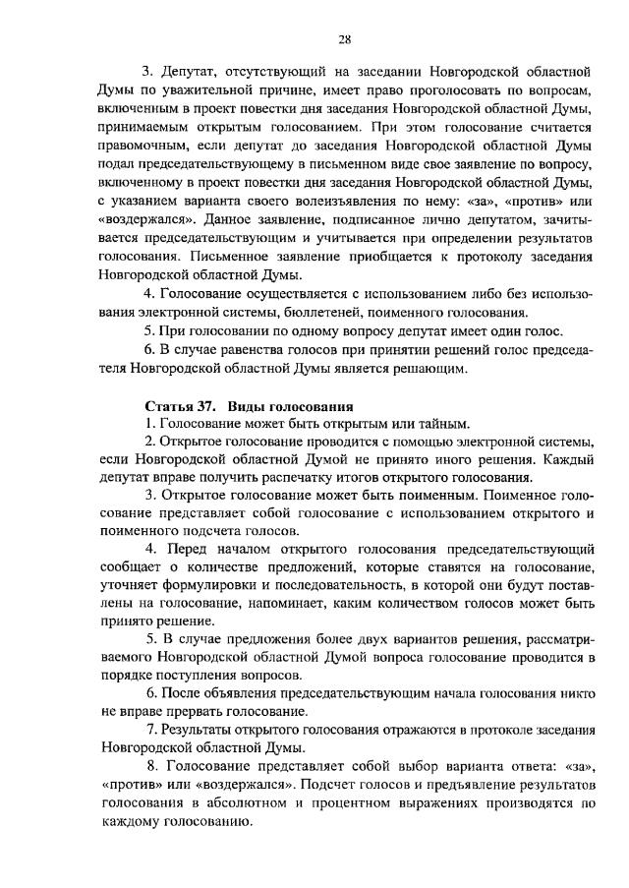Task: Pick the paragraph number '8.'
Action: tap(149, 765)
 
